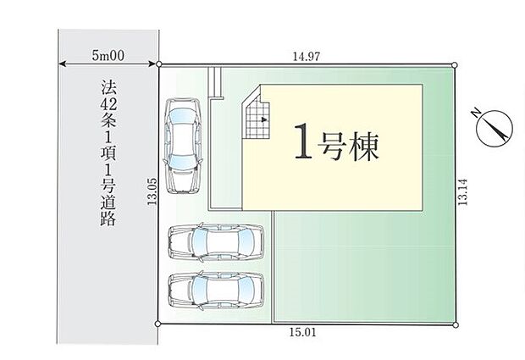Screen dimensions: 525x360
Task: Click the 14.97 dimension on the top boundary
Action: point(307,57)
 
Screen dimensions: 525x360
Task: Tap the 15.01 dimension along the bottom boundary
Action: point(302,333)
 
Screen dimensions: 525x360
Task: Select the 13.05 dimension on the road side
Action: point(152,191)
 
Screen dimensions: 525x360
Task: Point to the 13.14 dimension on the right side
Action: point(462,192)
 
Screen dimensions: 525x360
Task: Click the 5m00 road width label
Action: point(108,55)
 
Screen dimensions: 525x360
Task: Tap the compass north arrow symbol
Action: point(495,128)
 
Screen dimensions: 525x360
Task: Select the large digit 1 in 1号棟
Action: point(303,141)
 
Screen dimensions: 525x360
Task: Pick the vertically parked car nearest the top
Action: point(182,146)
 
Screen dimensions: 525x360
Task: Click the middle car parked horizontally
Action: point(216,241)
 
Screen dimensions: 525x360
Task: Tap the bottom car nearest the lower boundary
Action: point(216,291)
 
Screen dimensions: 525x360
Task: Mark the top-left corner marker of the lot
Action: point(159,64)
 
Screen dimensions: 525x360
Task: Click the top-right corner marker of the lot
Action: point(455,64)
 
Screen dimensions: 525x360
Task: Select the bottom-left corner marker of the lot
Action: point(157,324)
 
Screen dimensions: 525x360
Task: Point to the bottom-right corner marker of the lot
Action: point(456,324)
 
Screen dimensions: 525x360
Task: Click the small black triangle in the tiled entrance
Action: point(264,119)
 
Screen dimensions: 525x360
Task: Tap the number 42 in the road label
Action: point(108,105)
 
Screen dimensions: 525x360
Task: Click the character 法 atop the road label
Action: point(108,88)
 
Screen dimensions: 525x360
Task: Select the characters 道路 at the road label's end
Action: point(108,212)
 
